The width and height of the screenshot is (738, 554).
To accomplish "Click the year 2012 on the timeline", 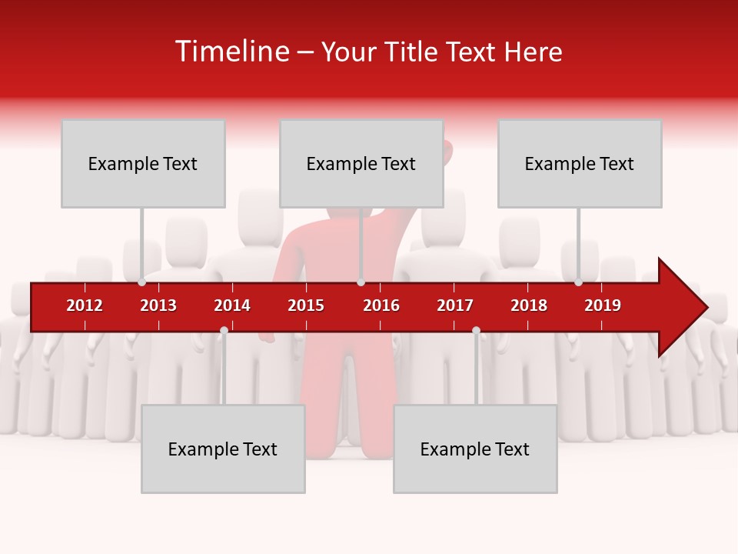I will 85,305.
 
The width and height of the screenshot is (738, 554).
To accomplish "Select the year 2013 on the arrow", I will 158,305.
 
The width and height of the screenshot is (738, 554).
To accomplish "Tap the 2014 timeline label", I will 232,305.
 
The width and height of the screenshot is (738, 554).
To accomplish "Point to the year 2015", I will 306,305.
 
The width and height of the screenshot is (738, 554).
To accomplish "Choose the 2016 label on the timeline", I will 381,305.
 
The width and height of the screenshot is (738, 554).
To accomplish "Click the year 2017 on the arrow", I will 455,305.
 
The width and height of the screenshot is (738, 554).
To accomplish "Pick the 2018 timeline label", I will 529,305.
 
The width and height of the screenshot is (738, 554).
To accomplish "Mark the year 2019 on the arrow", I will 603,305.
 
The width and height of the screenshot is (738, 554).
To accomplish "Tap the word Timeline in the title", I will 230,52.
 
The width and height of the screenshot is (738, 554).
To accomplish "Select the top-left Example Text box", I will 143,163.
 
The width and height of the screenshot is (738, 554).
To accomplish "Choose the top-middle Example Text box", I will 361,163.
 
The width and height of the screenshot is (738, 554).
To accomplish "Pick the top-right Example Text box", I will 580,163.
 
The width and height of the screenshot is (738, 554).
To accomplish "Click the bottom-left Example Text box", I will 223,449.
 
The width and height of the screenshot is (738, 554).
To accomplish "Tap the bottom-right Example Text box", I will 475,449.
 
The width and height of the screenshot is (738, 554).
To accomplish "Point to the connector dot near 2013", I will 142,282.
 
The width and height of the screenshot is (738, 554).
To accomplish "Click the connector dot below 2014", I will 224,331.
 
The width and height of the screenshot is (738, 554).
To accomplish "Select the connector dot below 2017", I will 476,331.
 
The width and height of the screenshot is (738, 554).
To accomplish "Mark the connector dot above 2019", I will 578,282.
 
